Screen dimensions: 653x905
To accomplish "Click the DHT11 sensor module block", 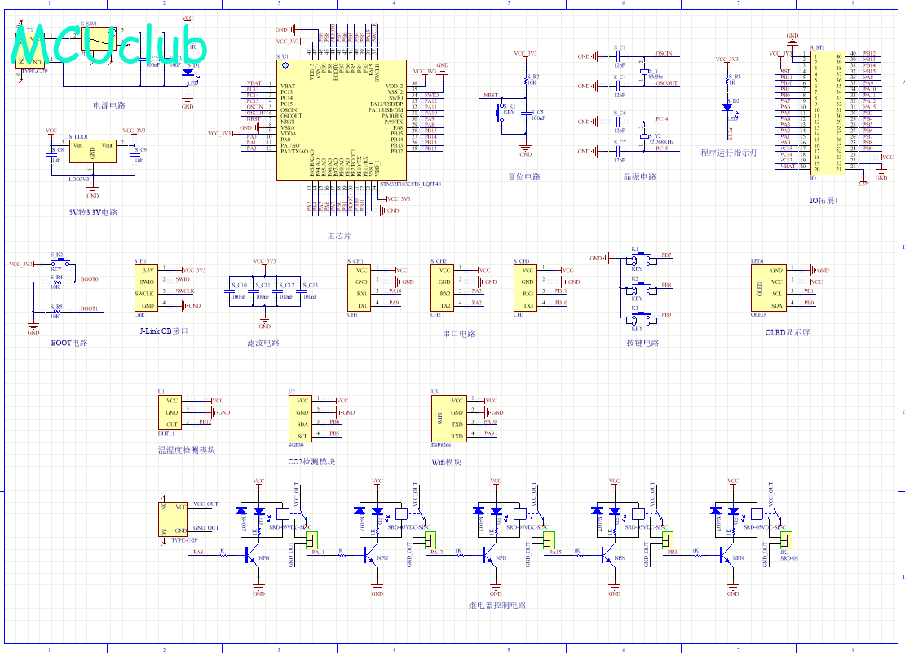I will click(x=171, y=412).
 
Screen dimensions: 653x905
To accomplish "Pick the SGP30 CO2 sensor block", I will click(x=302, y=418).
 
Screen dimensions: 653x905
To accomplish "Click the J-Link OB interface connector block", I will click(x=148, y=287).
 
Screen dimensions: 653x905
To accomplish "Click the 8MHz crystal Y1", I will click(x=643, y=72).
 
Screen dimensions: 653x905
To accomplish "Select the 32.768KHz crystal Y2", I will click(x=643, y=136).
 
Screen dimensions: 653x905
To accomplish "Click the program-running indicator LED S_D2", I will click(x=726, y=106).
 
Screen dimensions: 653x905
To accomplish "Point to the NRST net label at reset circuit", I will click(x=491, y=95).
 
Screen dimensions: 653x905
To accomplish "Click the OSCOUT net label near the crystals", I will click(x=666, y=83).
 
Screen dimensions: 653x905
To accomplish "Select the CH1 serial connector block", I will click(x=360, y=287).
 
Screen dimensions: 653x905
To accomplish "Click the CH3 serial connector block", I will click(x=527, y=287).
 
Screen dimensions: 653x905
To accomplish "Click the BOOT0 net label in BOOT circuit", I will click(x=89, y=278).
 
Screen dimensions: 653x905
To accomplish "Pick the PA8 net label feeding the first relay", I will click(x=198, y=553).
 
